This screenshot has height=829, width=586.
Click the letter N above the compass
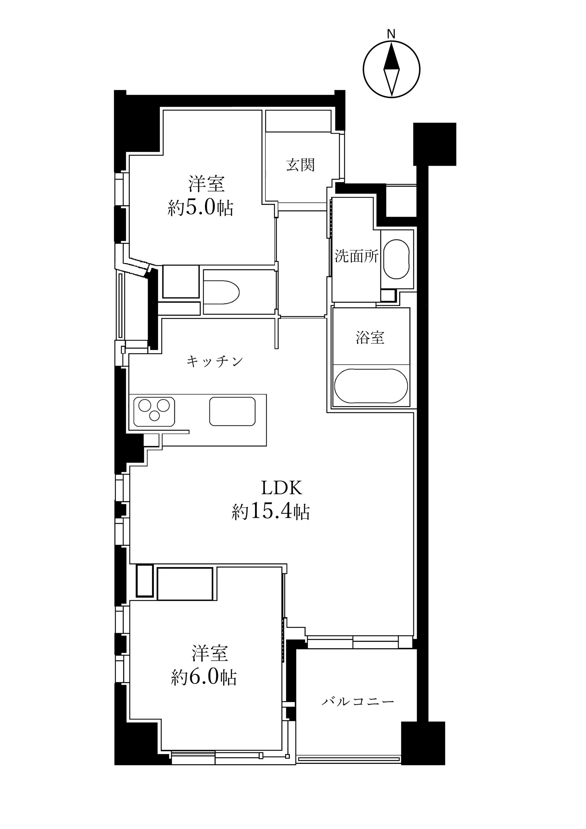click(391, 34)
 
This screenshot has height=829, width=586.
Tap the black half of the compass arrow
click(391, 58)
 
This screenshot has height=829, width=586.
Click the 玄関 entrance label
click(300, 165)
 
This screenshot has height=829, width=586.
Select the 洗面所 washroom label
click(356, 256)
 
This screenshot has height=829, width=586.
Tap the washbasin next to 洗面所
click(397, 259)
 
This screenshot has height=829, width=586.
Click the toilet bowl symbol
click(221, 292)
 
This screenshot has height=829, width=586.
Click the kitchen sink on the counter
click(232, 411)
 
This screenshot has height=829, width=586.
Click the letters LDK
click(281, 489)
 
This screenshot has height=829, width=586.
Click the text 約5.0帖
click(200, 208)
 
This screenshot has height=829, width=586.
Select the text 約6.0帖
click(204, 677)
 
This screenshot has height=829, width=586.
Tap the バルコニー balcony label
click(357, 701)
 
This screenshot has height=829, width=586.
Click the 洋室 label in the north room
click(206, 184)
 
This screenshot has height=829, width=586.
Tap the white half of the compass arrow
click(391, 82)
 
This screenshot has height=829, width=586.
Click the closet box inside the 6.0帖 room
click(185, 584)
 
